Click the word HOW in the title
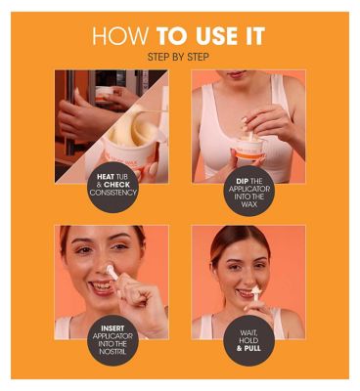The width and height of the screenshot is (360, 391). [x=120, y=36]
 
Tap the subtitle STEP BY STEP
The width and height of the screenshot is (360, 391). [x=178, y=57]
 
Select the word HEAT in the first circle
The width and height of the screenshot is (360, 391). [x=106, y=177]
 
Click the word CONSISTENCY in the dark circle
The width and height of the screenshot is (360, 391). [x=113, y=193]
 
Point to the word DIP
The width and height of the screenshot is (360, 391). [x=242, y=181]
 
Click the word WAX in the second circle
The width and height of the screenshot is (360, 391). [x=249, y=204]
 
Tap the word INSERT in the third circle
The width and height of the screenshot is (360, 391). [x=112, y=328]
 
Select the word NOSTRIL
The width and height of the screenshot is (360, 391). [x=112, y=352]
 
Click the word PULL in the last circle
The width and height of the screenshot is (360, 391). [x=252, y=348]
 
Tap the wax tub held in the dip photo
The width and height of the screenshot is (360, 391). [x=249, y=149]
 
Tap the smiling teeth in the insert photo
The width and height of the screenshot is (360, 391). [x=101, y=286]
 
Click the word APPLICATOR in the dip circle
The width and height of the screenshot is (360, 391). [x=249, y=189]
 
